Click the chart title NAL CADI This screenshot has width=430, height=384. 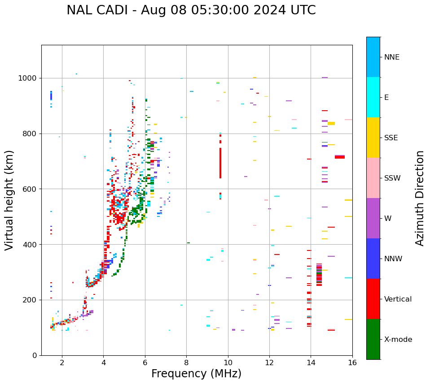pyautogui.click(x=191, y=10)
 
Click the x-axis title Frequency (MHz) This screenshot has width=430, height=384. pyautogui.click(x=196, y=374)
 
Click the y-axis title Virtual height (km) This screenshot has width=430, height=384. pyautogui.click(x=9, y=200)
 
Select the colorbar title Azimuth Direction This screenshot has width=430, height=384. pyautogui.click(x=420, y=198)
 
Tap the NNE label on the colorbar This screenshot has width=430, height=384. pyautogui.click(x=391, y=57)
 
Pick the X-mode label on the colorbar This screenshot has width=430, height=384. pyautogui.click(x=398, y=340)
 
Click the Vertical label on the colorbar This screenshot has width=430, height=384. pyautogui.click(x=398, y=299)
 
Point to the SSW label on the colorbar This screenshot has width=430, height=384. pyautogui.click(x=392, y=178)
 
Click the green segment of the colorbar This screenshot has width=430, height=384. pyautogui.click(x=373, y=339)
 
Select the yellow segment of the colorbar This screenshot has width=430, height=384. pyautogui.click(x=373, y=138)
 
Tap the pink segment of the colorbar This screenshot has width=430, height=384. pyautogui.click(x=373, y=178)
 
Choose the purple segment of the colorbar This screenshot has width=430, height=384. pyautogui.click(x=373, y=218)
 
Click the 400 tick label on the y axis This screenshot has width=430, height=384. pyautogui.click(x=32, y=245)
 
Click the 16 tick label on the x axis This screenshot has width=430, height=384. pyautogui.click(x=352, y=362)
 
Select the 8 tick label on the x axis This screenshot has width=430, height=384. pyautogui.click(x=186, y=362)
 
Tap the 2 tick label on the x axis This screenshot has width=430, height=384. pyautogui.click(x=62, y=362)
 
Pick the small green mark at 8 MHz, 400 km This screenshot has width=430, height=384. pyautogui.click(x=189, y=243)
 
